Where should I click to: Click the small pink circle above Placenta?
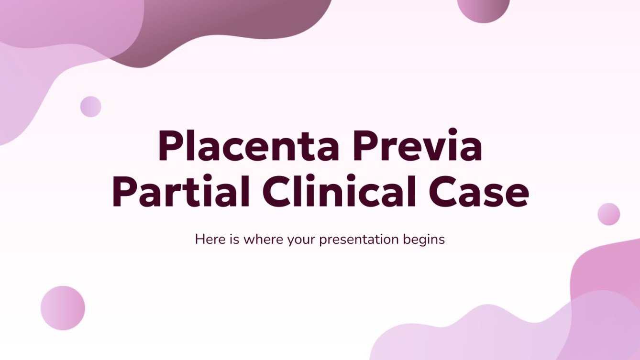(90, 106)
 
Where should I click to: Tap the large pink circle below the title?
(63, 308)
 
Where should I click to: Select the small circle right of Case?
(608, 214)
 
